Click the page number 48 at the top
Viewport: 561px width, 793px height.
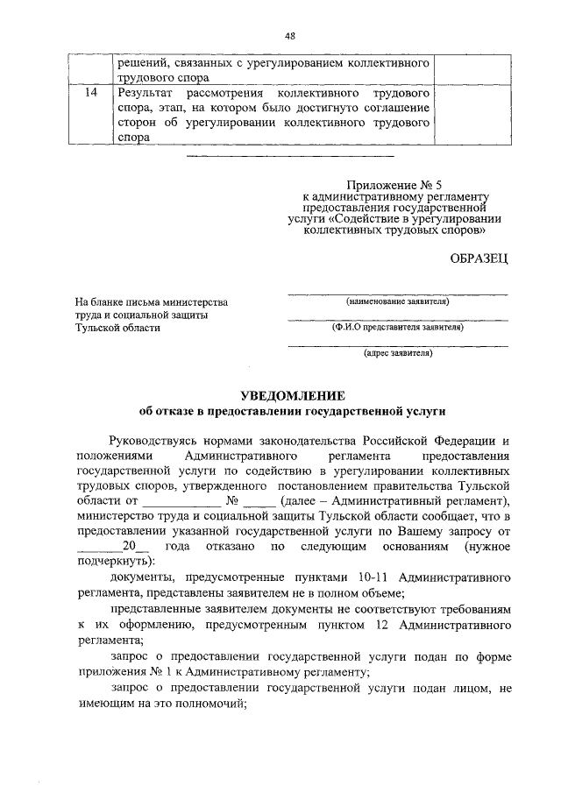pos(290,35)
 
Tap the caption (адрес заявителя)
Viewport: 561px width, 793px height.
pos(398,353)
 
